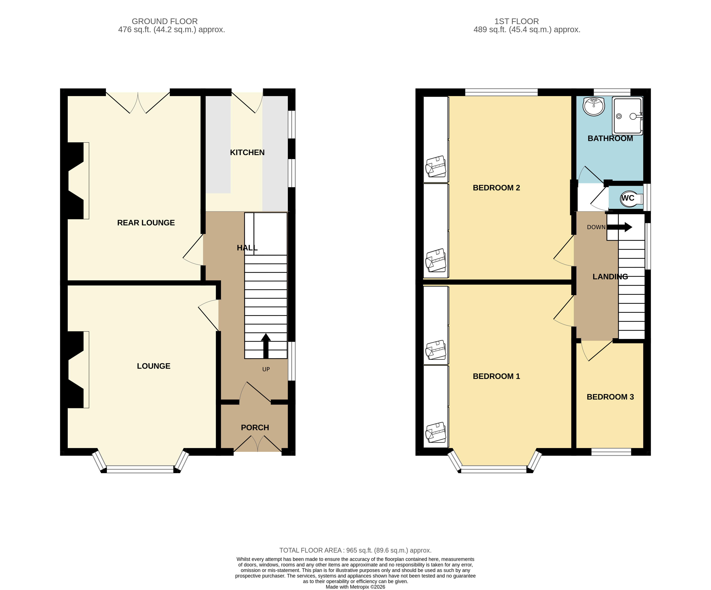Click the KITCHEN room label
247,153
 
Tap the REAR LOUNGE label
146,223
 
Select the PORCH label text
255,428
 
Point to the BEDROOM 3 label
610,397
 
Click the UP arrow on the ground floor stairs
266,345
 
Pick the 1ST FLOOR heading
516,21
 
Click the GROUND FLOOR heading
165,21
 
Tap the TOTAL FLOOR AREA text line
355,550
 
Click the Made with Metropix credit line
355,587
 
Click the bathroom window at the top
612,92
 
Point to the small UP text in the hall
266,369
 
